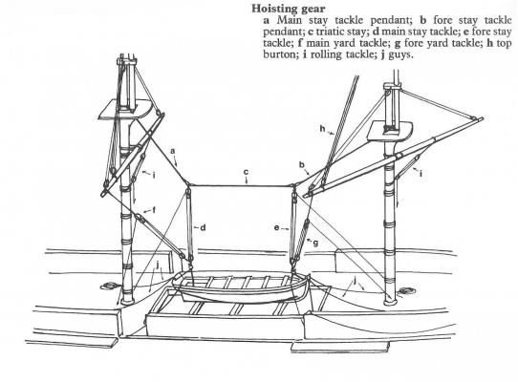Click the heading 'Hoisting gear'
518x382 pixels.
coord(288,9)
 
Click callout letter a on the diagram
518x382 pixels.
coord(172,151)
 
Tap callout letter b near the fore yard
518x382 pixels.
coord(301,164)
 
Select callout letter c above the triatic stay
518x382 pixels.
coord(246,172)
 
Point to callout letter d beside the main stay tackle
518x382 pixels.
coord(203,227)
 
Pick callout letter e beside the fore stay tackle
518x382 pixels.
coord(277,227)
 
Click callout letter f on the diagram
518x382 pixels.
coord(154,210)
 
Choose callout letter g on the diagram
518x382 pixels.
coord(315,244)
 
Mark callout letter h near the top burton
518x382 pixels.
coord(323,129)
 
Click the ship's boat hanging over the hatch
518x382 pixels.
coord(242,287)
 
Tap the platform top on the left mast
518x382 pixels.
coord(125,110)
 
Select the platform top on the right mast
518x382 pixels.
coord(391,131)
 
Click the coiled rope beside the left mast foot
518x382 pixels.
coord(108,286)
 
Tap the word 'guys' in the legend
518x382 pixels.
coord(400,54)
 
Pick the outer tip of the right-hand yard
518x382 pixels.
coord(482,118)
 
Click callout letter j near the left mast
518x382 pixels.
coord(159,265)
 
